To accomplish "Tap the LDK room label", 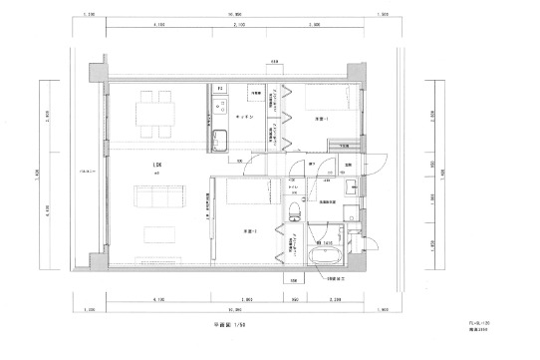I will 156,165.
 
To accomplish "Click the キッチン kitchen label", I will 244,117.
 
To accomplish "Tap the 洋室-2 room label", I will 249,231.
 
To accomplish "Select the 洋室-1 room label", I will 322,120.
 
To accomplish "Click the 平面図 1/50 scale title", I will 232,325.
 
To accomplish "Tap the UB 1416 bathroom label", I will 325,243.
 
